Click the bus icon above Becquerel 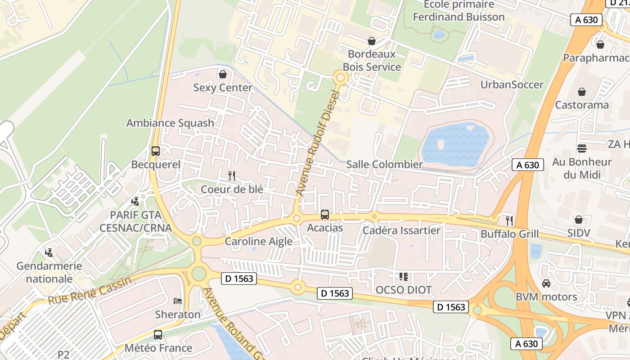click(x=156, y=151)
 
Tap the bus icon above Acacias click(x=325, y=215)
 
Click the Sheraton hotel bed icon click(x=178, y=301)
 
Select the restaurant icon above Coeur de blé click(x=232, y=175)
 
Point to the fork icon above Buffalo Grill click(x=509, y=220)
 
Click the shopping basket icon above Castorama click(x=582, y=92)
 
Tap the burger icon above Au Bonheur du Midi click(x=582, y=148)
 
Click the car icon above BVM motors click(x=546, y=283)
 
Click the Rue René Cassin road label click(x=90, y=290)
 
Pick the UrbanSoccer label click(x=512, y=85)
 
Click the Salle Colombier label click(x=384, y=165)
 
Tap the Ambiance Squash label click(x=170, y=123)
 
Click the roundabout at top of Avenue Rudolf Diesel click(x=341, y=77)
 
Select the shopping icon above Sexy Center click(x=222, y=74)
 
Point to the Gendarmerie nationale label click(x=49, y=272)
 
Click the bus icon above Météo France click(x=158, y=334)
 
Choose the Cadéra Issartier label click(x=401, y=231)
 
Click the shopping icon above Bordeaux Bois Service click(x=372, y=41)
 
